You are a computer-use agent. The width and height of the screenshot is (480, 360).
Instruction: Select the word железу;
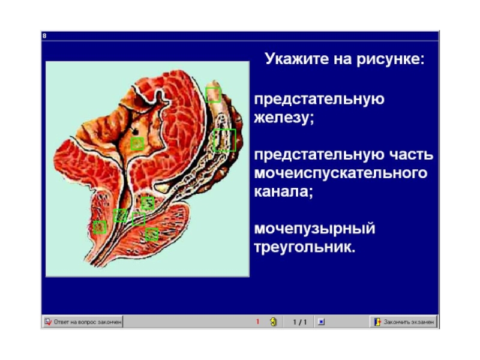284,118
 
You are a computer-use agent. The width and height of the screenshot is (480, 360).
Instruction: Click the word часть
411,154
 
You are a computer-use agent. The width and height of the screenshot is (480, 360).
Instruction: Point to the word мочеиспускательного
340,173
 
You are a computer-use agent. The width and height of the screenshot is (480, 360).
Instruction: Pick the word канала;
283,191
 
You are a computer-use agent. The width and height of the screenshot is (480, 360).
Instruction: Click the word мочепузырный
314,229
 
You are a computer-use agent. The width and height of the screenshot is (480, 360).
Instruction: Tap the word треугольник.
305,247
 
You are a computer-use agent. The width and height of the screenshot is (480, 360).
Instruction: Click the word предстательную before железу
319,99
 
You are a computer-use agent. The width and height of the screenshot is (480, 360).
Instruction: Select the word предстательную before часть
319,155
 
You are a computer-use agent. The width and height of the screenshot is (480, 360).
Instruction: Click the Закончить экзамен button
403,322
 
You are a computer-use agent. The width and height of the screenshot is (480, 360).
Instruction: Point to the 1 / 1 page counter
299,322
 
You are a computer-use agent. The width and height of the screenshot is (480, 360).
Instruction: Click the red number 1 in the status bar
257,322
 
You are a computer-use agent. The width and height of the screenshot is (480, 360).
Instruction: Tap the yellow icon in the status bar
274,322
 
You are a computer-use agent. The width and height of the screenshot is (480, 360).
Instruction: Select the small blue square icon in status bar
321,322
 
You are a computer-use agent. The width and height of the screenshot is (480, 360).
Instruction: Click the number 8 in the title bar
44,36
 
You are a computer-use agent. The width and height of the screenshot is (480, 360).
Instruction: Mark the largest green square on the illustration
224,140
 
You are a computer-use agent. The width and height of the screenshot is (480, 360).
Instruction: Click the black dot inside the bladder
134,131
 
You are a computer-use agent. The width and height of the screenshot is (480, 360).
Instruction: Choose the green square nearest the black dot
137,143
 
